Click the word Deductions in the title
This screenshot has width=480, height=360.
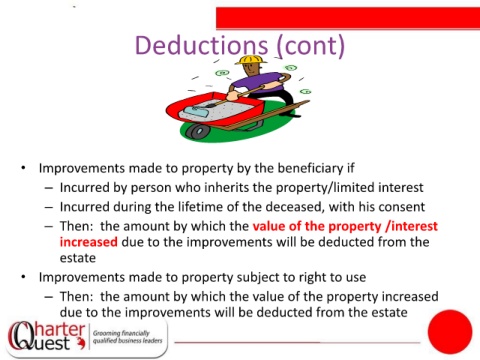pos(201,45)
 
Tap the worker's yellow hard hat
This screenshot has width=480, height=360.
pos(251,60)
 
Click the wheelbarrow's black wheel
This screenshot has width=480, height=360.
pos(197,131)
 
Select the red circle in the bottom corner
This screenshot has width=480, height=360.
pos(450,332)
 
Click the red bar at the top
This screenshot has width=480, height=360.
pos(348,18)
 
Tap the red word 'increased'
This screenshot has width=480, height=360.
pos(89,242)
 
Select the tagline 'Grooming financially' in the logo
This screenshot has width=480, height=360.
pos(121,333)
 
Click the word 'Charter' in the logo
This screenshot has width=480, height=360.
pos(48,329)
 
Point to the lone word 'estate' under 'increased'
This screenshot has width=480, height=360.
pos(78,258)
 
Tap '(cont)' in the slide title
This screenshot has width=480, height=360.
pos(311,46)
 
